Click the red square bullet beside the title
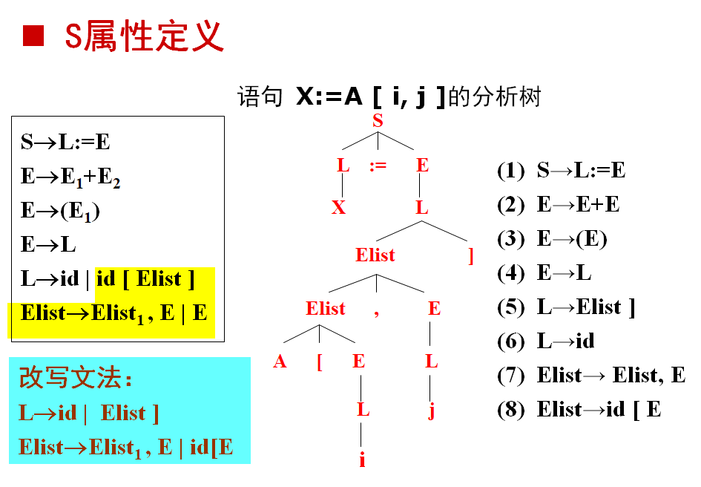tap(33, 35)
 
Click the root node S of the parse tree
tap(378, 120)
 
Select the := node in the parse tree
tap(378, 166)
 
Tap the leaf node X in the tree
tap(339, 208)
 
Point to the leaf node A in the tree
tap(280, 362)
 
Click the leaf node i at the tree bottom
tap(362, 460)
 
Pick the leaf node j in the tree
tap(431, 411)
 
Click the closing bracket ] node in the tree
tap(470, 256)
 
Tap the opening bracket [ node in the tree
tap(319, 363)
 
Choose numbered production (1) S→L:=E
tap(561, 171)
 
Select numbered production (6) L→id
tap(546, 341)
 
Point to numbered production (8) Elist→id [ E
tap(579, 410)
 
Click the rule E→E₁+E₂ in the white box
tap(70, 177)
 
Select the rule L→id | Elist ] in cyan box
tap(89, 413)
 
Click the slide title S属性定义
tap(144, 35)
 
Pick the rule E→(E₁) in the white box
tap(61, 211)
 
